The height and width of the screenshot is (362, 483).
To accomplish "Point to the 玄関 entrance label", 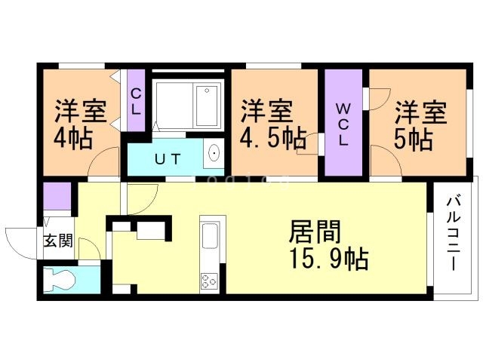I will coord(57,241).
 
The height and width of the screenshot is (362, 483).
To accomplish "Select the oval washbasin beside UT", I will coord(214,155).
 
